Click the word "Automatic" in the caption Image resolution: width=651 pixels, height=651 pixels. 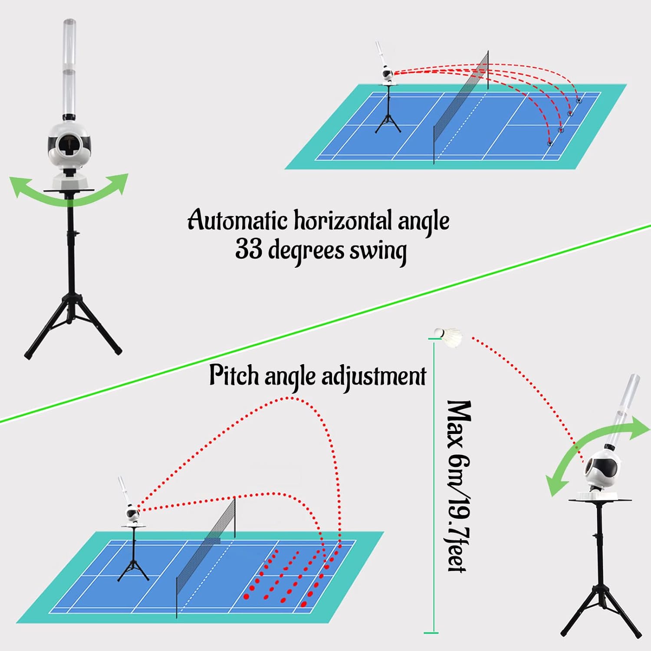(237, 220)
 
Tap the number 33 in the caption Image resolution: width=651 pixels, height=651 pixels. (249, 250)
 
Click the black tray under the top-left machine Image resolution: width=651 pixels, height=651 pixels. (69, 190)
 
